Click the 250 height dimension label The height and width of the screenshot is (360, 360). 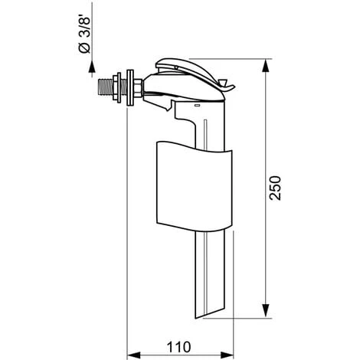[276, 188]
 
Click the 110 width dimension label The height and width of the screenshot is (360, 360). [178, 347]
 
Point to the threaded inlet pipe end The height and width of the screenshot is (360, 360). [106, 87]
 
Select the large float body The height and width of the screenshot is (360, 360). [195, 186]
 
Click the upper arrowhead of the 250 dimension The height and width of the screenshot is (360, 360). [266, 65]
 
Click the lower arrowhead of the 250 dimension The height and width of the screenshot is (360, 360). [266, 311]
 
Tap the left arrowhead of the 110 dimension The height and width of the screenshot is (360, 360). [134, 355]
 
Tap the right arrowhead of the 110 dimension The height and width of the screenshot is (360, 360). [227, 355]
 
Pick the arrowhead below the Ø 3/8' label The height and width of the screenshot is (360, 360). [92, 67]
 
